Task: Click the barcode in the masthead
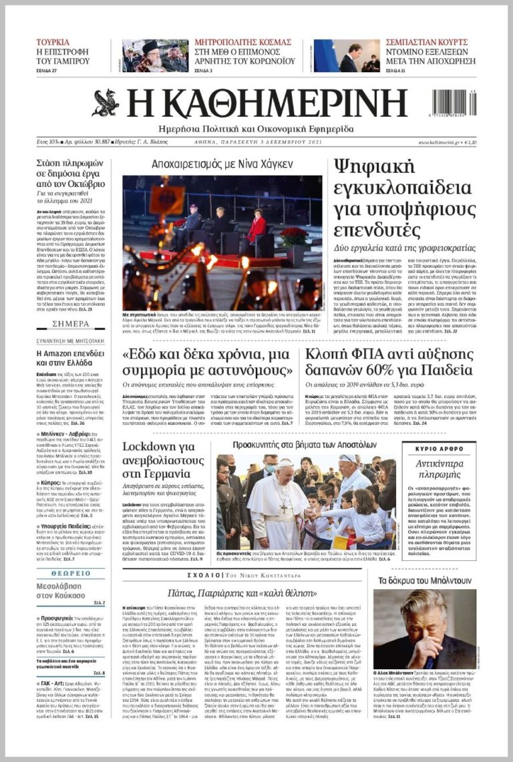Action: pos(454,104)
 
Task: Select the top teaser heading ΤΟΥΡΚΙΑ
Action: pos(53,41)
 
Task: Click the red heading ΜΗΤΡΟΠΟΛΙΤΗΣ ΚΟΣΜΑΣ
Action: pos(242,41)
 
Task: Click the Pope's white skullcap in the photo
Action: pos(285,463)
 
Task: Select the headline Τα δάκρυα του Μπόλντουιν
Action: pos(425,580)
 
